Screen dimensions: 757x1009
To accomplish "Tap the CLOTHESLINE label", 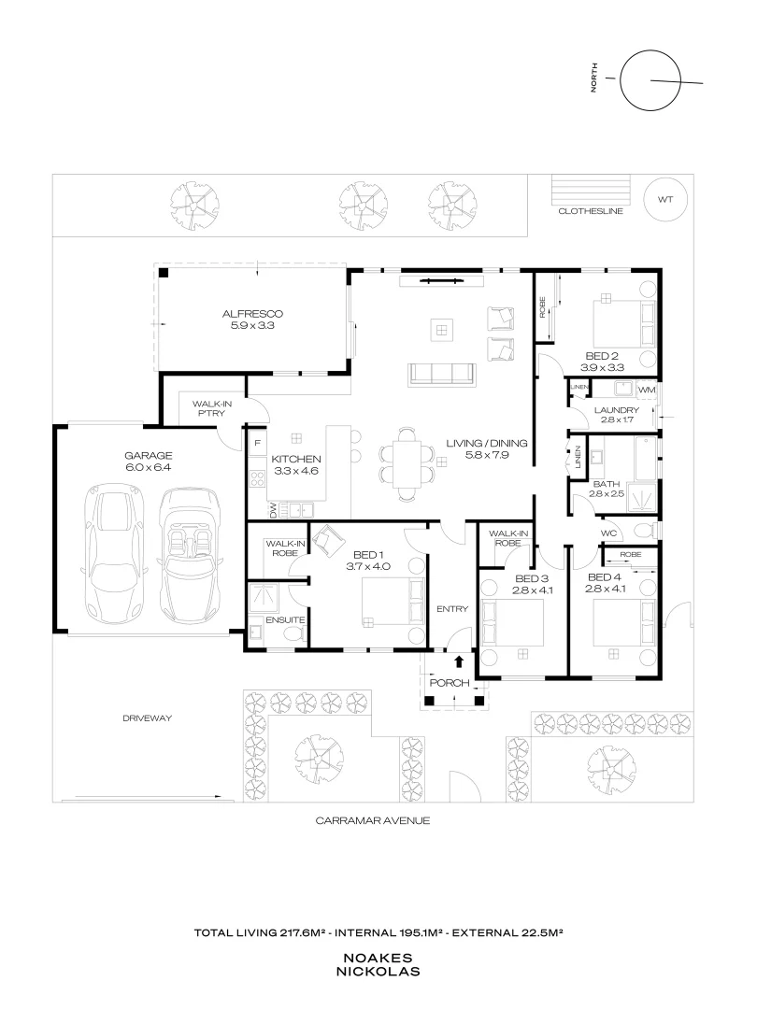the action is pyautogui.click(x=591, y=211).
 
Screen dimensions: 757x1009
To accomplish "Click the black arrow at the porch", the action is pyautogui.click(x=459, y=661).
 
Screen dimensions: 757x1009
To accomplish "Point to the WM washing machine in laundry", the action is pyautogui.click(x=646, y=390).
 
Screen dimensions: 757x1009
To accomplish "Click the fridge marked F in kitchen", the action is pyautogui.click(x=258, y=443).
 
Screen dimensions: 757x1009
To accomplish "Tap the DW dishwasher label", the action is pyautogui.click(x=273, y=510).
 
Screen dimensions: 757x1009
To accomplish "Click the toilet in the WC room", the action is pyautogui.click(x=644, y=531).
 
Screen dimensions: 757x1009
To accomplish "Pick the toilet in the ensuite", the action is pyautogui.click(x=295, y=635).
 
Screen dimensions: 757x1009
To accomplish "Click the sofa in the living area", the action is pyautogui.click(x=441, y=375).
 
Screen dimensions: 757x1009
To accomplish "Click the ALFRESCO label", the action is pyautogui.click(x=252, y=314).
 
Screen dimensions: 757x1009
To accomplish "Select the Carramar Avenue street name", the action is pyautogui.click(x=373, y=820).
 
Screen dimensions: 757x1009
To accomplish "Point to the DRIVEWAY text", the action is pyautogui.click(x=148, y=718).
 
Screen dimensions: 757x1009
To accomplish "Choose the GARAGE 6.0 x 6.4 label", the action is pyautogui.click(x=149, y=462).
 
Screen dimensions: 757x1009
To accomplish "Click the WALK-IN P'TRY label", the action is pyautogui.click(x=212, y=408).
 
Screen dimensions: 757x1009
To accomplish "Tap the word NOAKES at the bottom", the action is pyautogui.click(x=378, y=959).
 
